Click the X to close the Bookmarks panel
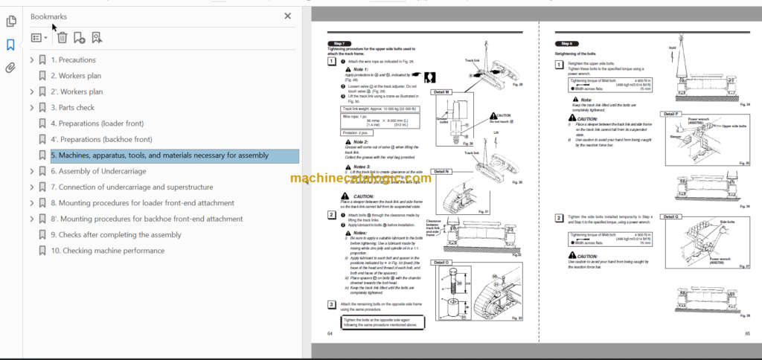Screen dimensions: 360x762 (x=288, y=16)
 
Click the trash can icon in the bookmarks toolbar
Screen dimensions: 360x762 (x=63, y=37)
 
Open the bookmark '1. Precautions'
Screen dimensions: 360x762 (x=73, y=60)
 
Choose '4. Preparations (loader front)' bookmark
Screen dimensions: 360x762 (x=97, y=123)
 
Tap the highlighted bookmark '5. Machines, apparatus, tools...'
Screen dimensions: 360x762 (x=159, y=155)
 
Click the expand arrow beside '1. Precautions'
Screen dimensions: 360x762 (x=31, y=60)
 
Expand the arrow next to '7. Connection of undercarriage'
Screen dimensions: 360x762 (x=31, y=187)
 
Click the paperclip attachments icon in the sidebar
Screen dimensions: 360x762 (x=10, y=68)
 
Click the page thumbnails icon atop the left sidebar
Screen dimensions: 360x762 (x=10, y=21)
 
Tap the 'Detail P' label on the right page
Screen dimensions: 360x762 (x=670, y=113)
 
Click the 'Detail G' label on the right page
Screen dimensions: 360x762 (x=670, y=215)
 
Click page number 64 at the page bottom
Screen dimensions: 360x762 (x=330, y=332)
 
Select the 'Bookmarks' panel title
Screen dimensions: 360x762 (x=48, y=16)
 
